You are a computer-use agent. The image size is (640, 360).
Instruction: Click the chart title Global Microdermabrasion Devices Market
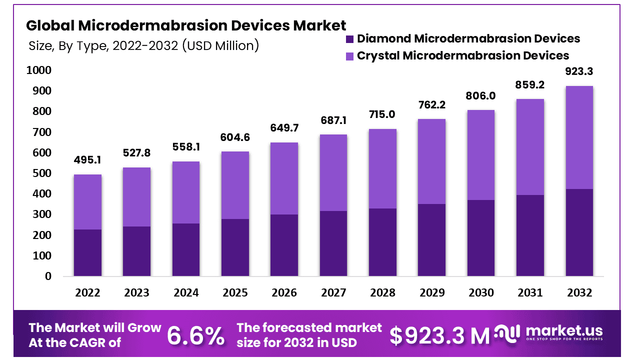click(186, 25)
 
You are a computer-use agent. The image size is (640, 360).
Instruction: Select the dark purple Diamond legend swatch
click(349, 38)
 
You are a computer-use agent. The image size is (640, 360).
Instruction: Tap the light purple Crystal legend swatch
click(349, 55)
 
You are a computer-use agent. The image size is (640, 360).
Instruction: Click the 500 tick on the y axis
click(42, 173)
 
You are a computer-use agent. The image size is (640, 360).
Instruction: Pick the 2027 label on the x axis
click(333, 292)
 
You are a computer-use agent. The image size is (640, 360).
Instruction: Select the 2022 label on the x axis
click(87, 292)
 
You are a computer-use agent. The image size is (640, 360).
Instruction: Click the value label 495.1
click(87, 160)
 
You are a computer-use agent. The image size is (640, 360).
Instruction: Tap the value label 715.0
click(382, 114)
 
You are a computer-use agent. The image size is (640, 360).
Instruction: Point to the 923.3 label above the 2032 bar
click(579, 71)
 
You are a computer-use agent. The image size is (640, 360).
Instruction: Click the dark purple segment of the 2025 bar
click(235, 247)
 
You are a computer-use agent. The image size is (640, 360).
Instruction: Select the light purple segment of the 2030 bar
click(481, 155)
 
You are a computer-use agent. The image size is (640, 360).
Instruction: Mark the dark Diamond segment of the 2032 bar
click(579, 232)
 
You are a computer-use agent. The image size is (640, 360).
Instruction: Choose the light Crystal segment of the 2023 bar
click(136, 197)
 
